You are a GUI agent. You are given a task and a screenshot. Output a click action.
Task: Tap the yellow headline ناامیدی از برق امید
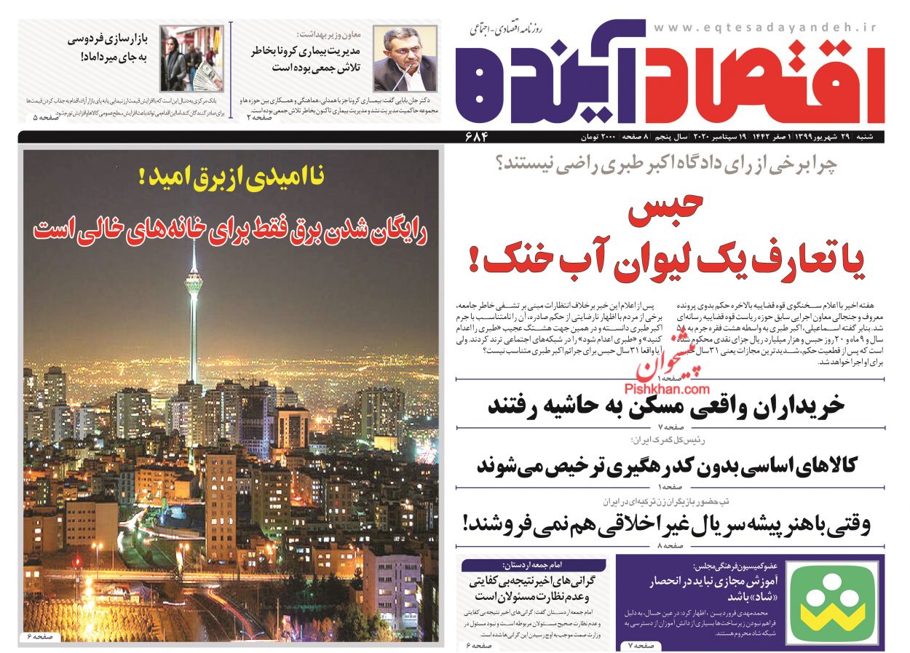232,177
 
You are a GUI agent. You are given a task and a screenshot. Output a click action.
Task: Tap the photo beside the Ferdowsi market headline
182,58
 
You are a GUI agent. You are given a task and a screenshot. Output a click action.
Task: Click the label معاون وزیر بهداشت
330,34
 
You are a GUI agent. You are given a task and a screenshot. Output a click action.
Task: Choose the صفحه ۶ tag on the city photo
41,636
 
